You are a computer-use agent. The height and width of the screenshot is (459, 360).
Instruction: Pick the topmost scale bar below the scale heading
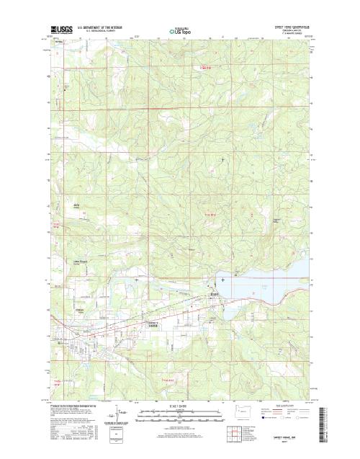180,411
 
